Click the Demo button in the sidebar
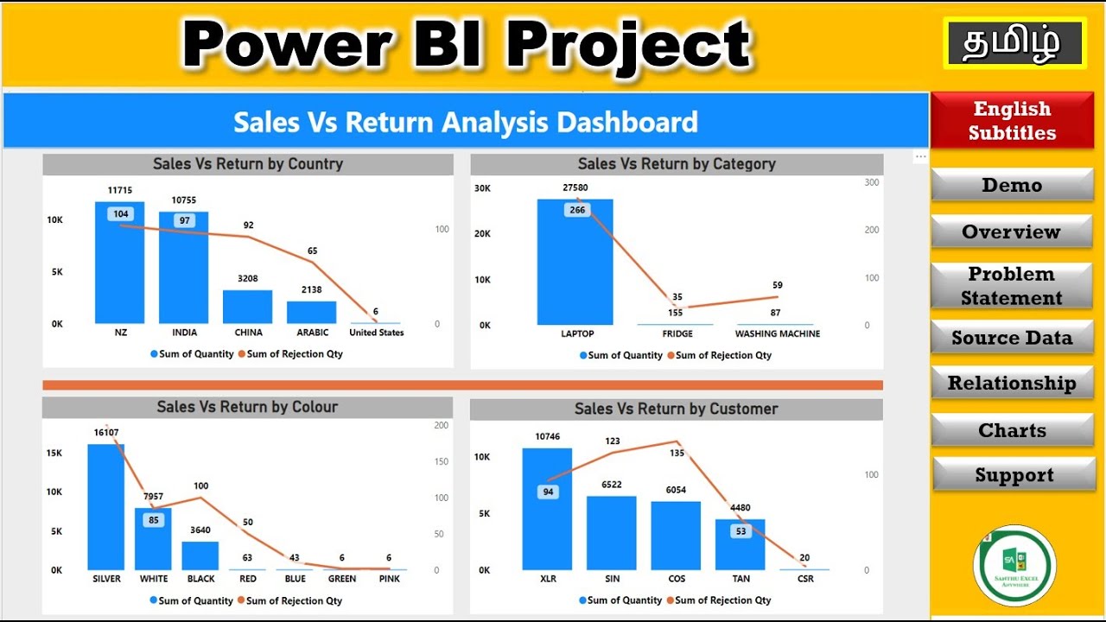1012,185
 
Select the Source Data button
1012,338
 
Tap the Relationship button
1012,384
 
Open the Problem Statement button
1012,286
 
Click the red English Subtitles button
1012,121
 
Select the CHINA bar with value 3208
247,307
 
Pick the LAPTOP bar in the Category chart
575,268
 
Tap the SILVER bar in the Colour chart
106,510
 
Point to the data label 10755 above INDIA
183,200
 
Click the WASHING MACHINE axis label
777,333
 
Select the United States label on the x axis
376,333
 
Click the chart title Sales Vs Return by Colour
247,407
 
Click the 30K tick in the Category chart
481,187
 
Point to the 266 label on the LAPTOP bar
576,210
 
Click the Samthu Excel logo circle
1014,566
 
